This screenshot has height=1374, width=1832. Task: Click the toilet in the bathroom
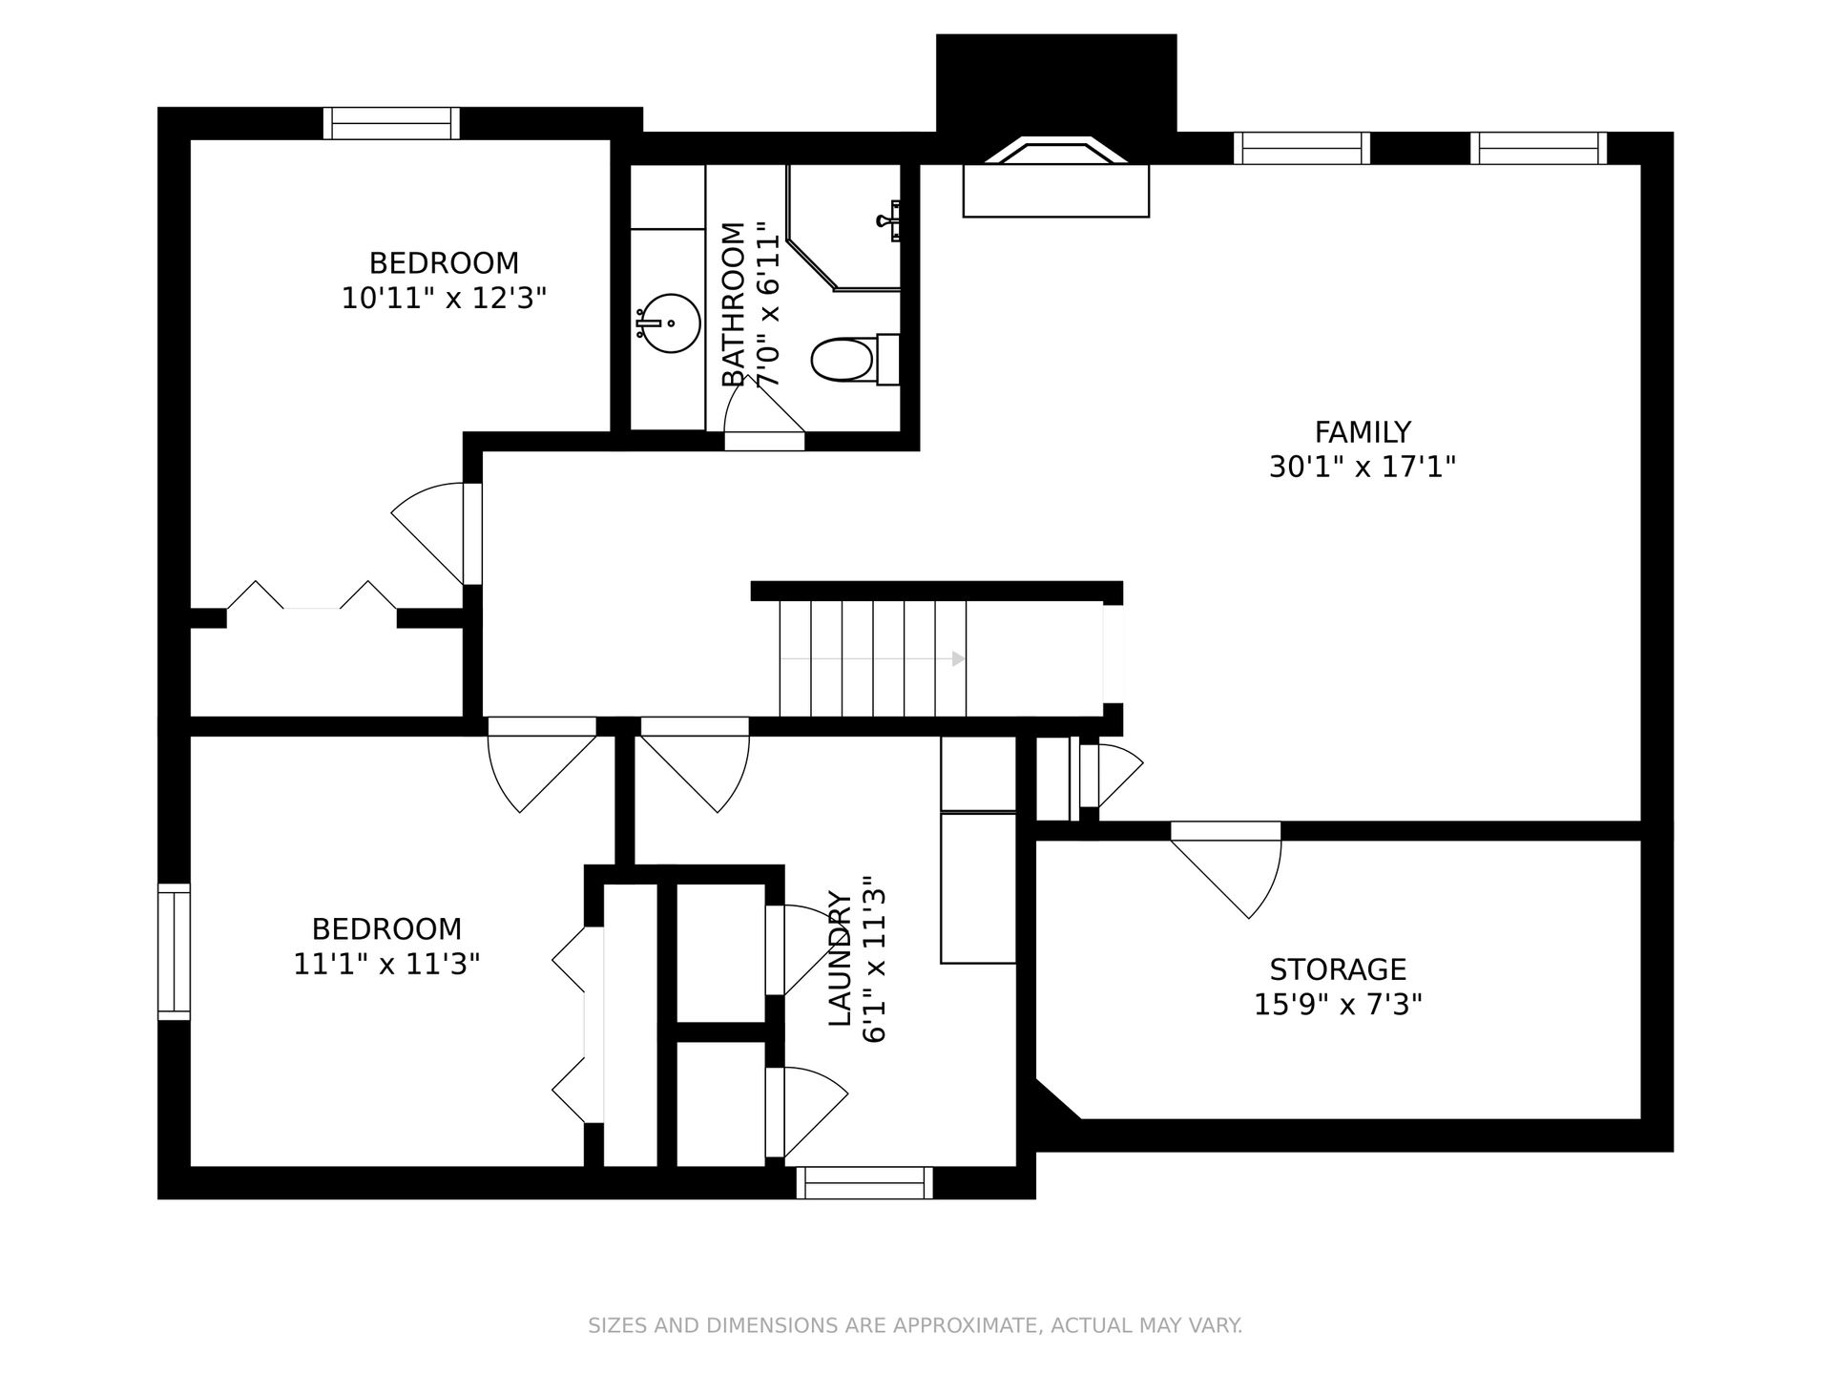[855, 360]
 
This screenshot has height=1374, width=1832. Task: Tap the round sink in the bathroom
[672, 323]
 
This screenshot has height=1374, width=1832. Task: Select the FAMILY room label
[1362, 432]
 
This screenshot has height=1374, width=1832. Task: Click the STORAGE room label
[1338, 969]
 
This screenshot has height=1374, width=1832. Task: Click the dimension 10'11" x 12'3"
[444, 298]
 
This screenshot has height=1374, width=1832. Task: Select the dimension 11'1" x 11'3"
[386, 964]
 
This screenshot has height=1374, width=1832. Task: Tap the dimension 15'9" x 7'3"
[1338, 1005]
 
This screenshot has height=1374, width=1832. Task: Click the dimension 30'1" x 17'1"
[1362, 468]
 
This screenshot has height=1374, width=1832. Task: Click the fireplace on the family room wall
[1056, 177]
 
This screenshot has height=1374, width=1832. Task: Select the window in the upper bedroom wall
[391, 123]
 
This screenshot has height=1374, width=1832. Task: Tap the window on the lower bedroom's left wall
[174, 951]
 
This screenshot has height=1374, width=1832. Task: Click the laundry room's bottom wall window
[864, 1182]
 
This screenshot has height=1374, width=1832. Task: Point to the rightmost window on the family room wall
[1538, 148]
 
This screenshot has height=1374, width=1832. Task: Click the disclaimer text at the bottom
[915, 1325]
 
